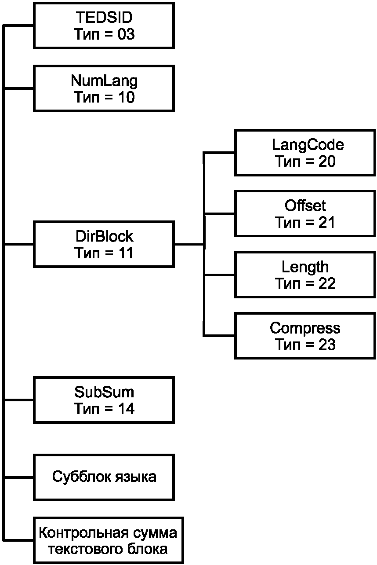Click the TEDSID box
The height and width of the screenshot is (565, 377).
(104, 26)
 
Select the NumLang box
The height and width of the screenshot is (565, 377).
(104, 88)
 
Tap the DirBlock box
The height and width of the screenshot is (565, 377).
(104, 244)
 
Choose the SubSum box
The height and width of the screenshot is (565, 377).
(104, 400)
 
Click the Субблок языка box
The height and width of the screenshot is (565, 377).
(104, 477)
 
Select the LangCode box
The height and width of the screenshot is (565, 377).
(305, 153)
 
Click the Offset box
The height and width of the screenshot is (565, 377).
(305, 214)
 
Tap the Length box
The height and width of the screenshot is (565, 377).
(305, 275)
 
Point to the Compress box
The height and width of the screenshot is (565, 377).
(305, 336)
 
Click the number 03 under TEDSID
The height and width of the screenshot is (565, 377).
(126, 34)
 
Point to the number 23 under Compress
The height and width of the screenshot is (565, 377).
(327, 345)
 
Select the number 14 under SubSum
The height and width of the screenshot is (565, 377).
(126, 409)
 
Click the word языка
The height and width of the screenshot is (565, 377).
(136, 477)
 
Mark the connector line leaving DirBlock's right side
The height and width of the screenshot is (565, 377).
(189, 244)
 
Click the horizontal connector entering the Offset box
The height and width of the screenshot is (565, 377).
(219, 214)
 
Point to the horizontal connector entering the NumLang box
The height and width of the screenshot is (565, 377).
(18, 88)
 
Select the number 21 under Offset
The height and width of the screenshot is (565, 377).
(326, 223)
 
